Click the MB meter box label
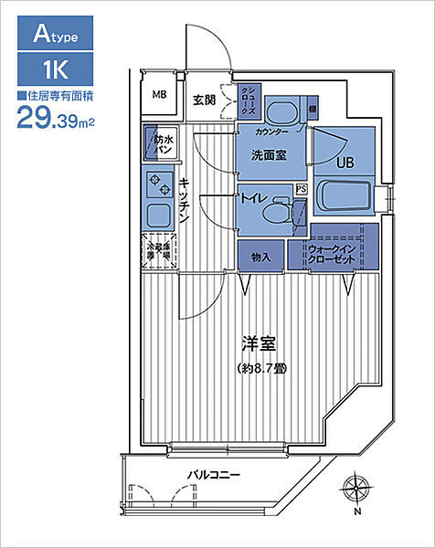159,94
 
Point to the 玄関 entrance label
204,100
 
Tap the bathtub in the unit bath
341,196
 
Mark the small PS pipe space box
301,189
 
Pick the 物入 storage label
261,258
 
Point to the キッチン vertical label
186,201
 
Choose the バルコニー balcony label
214,476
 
